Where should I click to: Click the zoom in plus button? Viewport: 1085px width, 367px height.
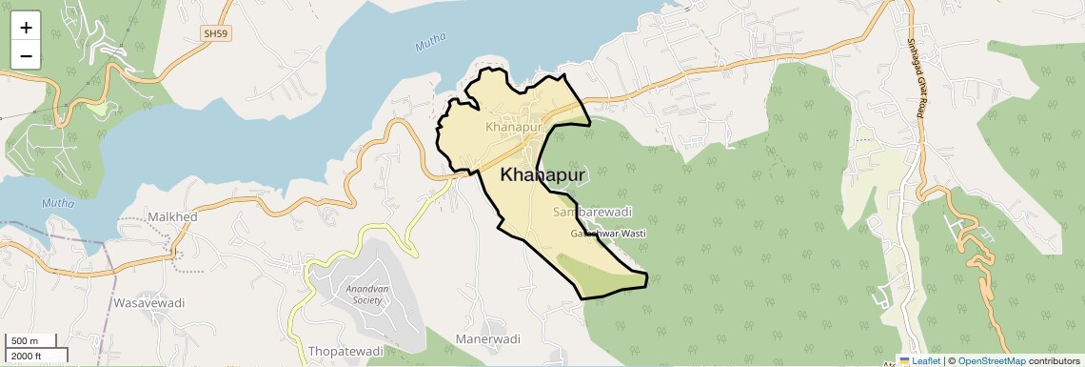coord(26,28)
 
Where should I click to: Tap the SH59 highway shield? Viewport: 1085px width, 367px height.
coord(216,33)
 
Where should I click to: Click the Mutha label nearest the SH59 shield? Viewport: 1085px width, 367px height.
coord(431,44)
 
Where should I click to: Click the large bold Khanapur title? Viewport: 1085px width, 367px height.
coord(542,174)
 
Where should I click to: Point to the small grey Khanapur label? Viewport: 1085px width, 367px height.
coord(512,126)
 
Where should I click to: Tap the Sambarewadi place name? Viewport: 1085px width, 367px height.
coord(592,212)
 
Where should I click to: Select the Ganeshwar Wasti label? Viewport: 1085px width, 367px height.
coord(608,234)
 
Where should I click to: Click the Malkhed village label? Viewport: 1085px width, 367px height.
coord(171,217)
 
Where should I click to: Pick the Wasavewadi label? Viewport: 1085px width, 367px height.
coord(148,302)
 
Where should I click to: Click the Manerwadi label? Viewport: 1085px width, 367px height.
coord(488,339)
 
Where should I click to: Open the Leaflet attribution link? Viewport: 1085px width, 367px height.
coord(919,361)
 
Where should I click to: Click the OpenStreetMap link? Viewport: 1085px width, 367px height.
coord(991,361)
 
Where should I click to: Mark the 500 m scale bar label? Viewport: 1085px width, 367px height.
coord(25,341)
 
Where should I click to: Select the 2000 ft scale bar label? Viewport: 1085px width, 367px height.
coord(27,357)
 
